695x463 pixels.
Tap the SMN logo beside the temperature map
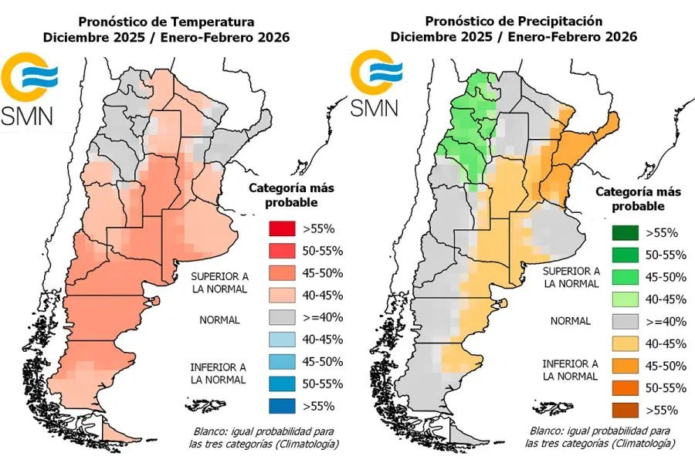coord(29,89)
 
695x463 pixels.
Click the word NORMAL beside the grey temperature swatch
coord(219,319)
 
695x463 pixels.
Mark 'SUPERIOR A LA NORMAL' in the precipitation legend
coord(571,277)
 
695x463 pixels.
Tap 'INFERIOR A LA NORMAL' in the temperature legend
coord(219,373)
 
